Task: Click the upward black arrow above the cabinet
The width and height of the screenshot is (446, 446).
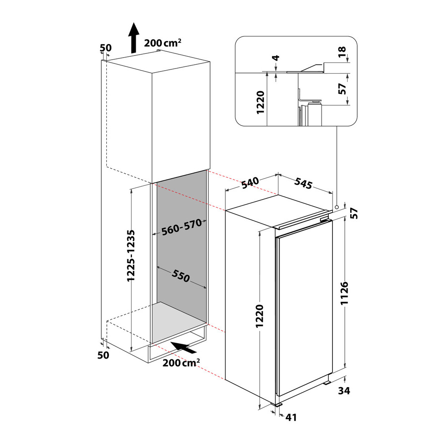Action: click(133, 38)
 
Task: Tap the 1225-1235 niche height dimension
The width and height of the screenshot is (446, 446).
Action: click(131, 256)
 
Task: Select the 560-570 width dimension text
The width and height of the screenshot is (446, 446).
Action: click(182, 227)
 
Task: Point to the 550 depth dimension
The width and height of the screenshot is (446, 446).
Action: click(181, 276)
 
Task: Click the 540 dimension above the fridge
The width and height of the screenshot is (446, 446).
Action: click(250, 182)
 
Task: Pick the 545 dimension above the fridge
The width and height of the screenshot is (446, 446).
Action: click(303, 183)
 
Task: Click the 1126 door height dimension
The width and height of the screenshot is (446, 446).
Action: click(344, 293)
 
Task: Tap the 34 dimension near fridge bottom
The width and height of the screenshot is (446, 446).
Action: click(344, 391)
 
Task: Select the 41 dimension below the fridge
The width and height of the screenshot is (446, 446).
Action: click(291, 417)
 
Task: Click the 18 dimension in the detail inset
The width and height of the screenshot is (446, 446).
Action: click(342, 52)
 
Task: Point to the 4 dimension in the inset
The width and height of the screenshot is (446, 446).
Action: click(276, 58)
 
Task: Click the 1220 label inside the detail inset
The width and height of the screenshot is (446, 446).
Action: click(260, 103)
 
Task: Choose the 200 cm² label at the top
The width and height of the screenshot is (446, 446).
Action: click(163, 43)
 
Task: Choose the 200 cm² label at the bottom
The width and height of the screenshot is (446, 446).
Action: click(181, 363)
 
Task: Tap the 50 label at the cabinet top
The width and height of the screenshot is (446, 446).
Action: click(106, 48)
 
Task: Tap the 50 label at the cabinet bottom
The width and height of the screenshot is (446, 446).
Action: click(103, 355)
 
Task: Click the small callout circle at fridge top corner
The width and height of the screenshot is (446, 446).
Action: click(337, 207)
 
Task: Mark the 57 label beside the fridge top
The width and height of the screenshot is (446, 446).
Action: click(354, 213)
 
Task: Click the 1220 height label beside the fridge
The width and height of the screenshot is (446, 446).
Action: click(260, 316)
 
